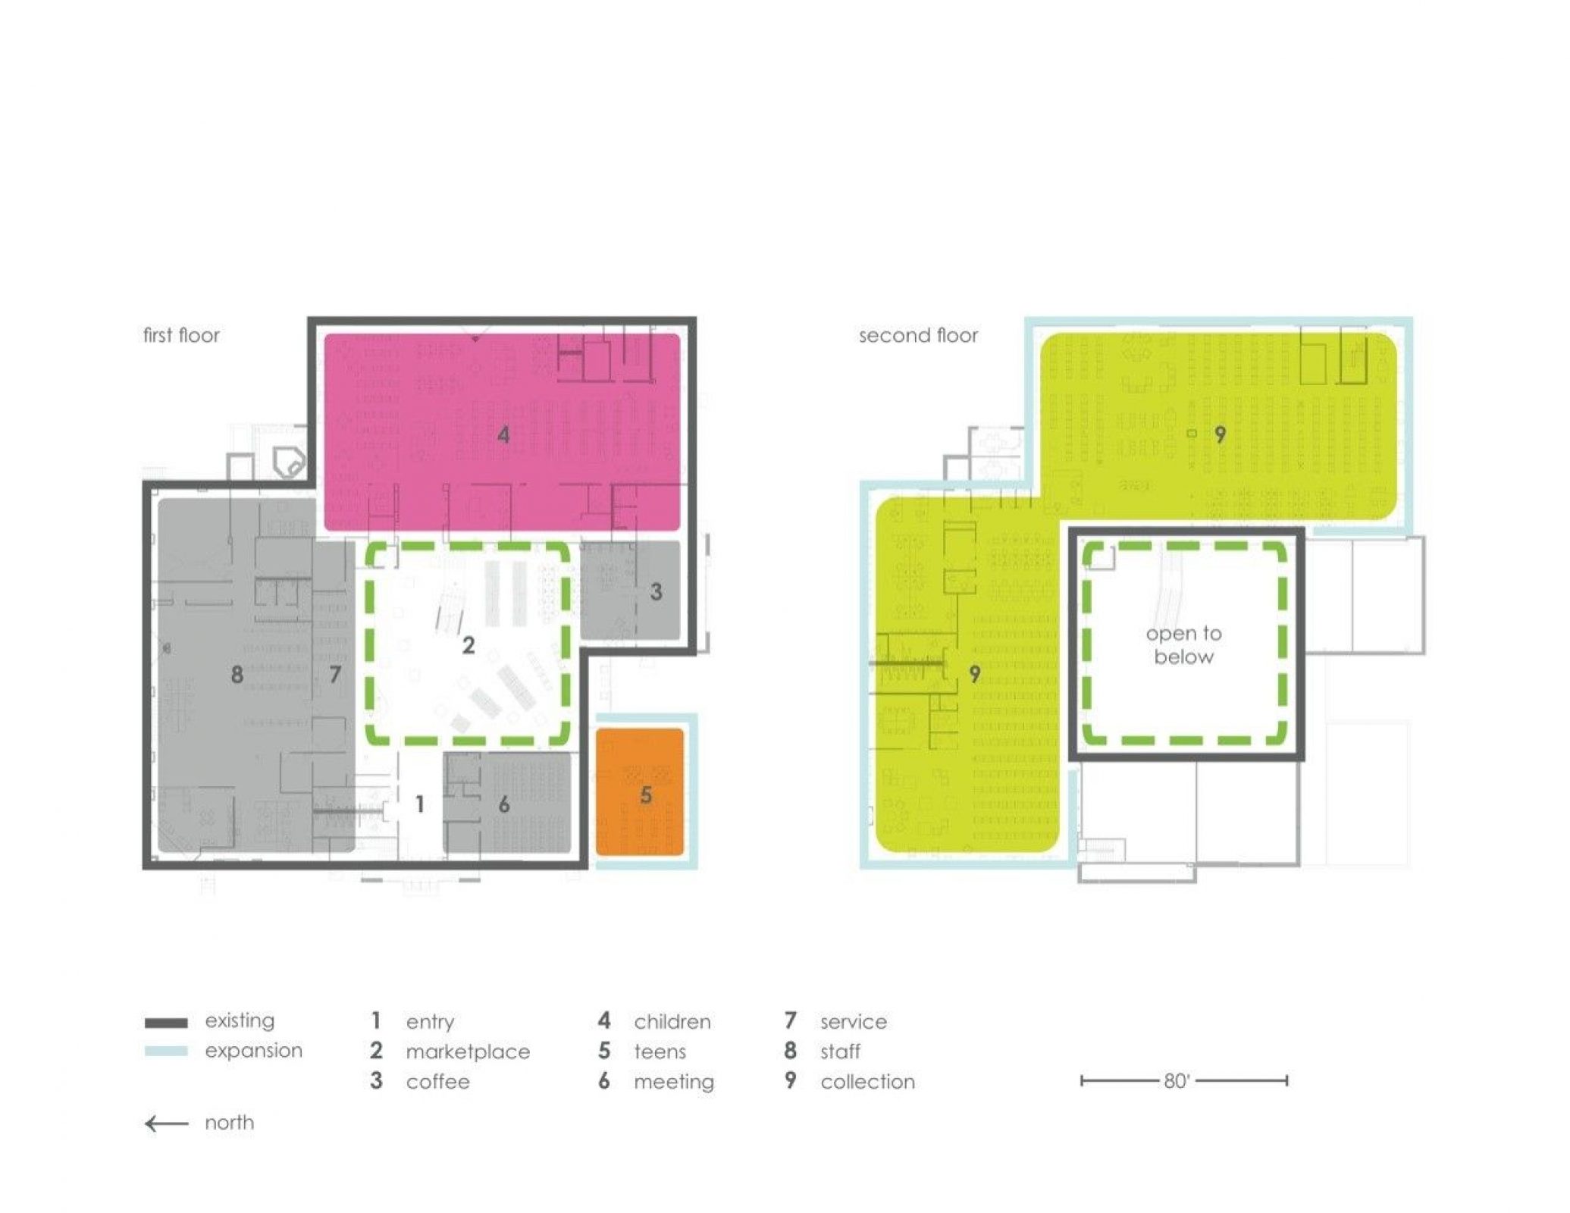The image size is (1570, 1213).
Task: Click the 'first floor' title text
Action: [x=181, y=335]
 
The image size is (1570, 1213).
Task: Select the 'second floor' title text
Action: [x=918, y=335]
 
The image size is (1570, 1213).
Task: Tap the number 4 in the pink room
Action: [x=503, y=435]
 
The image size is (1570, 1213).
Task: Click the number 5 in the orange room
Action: [x=646, y=795]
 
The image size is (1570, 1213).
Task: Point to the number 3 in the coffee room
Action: [x=657, y=591]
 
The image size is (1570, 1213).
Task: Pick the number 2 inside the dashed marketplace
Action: [x=468, y=645]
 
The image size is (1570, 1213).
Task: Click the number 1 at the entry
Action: [x=420, y=804]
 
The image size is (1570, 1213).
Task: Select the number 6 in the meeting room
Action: [x=504, y=804]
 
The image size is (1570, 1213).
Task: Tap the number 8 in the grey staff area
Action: [x=237, y=674]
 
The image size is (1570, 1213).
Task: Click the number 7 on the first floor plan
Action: [x=335, y=674]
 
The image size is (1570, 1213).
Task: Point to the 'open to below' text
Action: [x=1183, y=645]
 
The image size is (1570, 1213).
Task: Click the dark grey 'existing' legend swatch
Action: [x=166, y=1023]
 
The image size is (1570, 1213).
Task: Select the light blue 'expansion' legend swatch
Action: [x=166, y=1052]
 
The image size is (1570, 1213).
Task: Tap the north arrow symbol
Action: [x=166, y=1124]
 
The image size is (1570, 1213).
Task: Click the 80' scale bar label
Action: [x=1177, y=1080]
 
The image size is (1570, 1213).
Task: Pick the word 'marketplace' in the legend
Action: [x=468, y=1052]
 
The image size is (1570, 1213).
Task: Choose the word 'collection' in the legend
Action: [x=867, y=1082]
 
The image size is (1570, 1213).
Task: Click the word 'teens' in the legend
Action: [x=660, y=1052]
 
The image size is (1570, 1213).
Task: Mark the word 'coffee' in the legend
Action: [x=437, y=1082]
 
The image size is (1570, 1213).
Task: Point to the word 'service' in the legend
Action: [x=853, y=1022]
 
